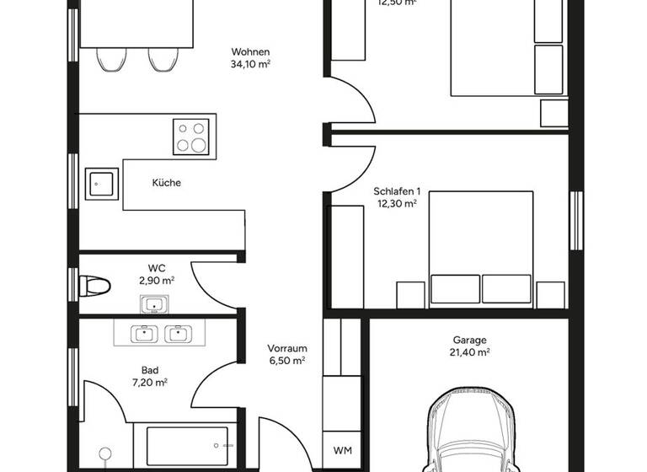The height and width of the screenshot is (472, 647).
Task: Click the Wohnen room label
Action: tap(250, 51)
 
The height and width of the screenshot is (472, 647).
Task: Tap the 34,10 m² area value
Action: tap(250, 63)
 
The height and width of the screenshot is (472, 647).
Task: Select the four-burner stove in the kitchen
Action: tap(191, 136)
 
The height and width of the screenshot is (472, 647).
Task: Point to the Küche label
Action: tap(166, 183)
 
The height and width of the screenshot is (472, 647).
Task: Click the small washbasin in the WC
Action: tap(153, 303)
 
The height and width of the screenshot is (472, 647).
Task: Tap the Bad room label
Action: tap(150, 369)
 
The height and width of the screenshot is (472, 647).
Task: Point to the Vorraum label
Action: tap(286, 348)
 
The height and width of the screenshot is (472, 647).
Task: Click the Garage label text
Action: tap(469, 341)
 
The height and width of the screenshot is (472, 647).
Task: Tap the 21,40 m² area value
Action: tap(469, 353)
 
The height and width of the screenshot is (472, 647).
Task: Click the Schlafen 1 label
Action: tap(396, 191)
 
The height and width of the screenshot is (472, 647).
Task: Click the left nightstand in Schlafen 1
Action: tap(411, 294)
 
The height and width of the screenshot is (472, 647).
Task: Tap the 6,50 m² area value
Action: tap(286, 360)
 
